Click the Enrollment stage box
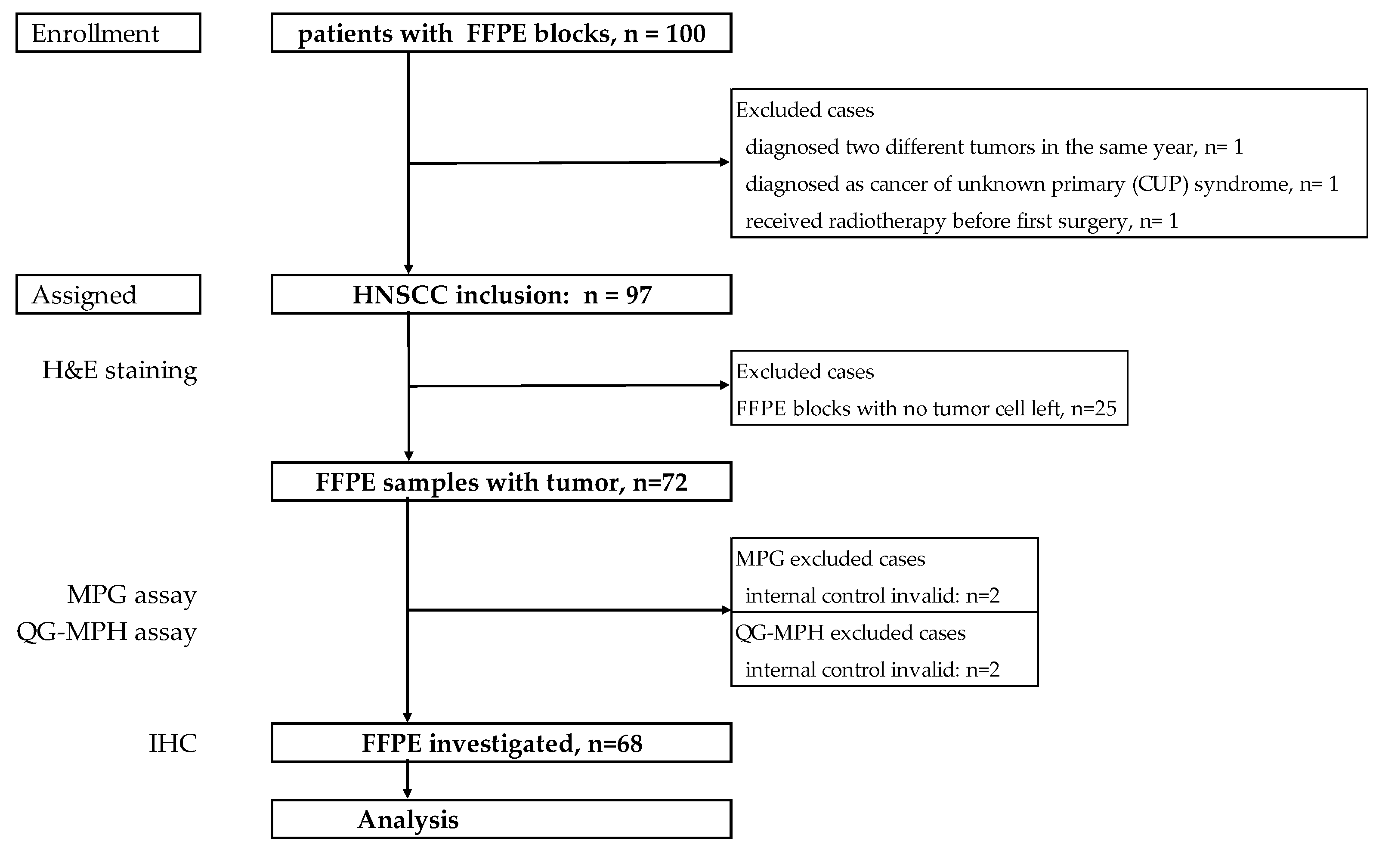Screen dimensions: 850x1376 pos(108,33)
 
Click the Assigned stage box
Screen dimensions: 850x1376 pos(108,294)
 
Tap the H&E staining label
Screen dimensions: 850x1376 pos(119,371)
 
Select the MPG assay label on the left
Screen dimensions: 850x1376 pos(132,595)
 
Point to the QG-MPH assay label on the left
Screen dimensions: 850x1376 pos(106,632)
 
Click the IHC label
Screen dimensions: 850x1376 pos(173,744)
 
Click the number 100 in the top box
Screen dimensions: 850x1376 pos(685,34)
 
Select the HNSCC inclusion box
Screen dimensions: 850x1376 pos(501,294)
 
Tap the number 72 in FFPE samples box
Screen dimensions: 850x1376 pos(674,482)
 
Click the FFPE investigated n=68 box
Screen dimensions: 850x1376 pos(501,743)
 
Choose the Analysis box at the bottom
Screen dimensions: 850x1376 pos(501,819)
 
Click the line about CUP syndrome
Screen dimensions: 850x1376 pos(1042,184)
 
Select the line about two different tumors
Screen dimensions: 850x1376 pos(994,147)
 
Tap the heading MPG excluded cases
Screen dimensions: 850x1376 pos(830,559)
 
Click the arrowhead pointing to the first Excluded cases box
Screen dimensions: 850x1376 pos(724,162)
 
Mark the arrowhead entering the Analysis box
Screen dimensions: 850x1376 pos(408,793)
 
